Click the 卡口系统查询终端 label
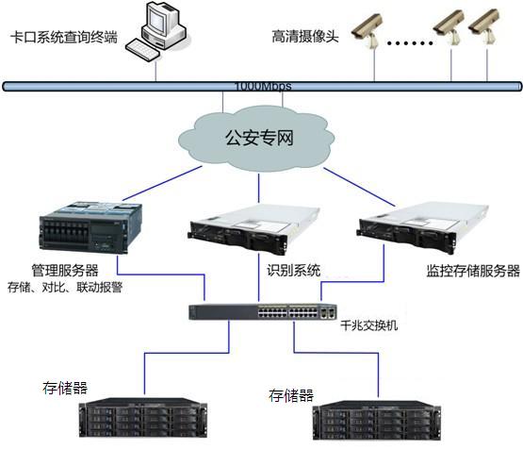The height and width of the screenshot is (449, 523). tap(64, 38)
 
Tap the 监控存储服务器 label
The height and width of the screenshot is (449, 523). tap(467, 271)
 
